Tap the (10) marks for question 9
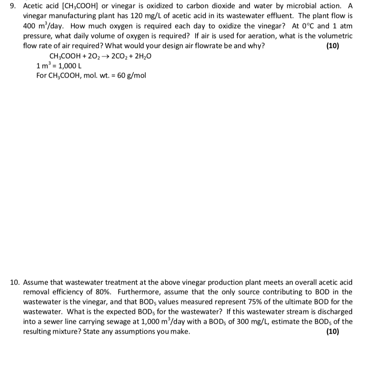[333, 46]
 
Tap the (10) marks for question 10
[333, 331]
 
